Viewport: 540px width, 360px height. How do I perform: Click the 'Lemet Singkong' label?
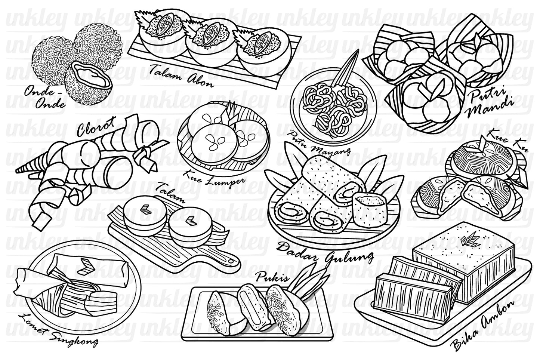pos(56,335)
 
